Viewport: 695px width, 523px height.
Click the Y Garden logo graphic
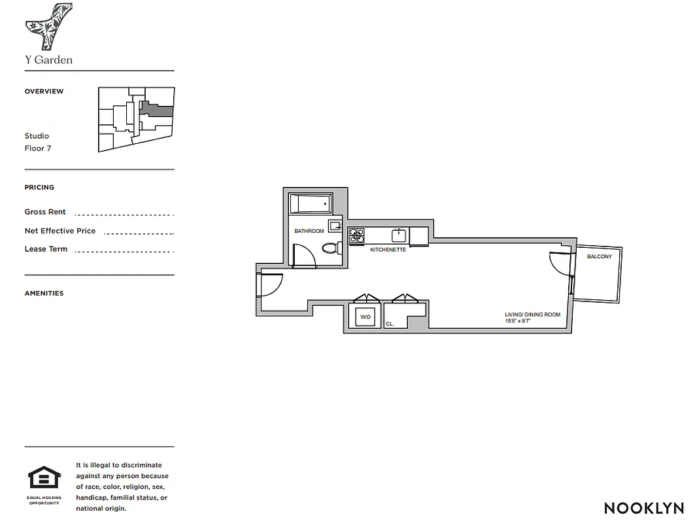[x=48, y=26]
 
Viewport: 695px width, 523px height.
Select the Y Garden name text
[x=48, y=59]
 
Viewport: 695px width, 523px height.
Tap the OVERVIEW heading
[x=44, y=92]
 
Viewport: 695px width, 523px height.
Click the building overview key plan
[x=136, y=119]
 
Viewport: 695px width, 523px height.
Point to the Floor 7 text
[x=38, y=148]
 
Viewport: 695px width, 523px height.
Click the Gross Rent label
[x=45, y=212]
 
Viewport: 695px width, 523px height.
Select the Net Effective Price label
[x=60, y=231]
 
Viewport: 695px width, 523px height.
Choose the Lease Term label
[x=46, y=249]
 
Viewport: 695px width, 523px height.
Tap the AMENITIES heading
[x=44, y=294]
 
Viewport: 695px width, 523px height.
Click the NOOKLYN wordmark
[x=643, y=508]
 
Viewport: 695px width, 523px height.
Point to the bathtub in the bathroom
[x=311, y=204]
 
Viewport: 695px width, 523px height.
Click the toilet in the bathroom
[x=331, y=248]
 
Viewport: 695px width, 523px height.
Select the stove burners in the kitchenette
[x=356, y=235]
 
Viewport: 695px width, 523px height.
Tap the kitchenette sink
[x=398, y=235]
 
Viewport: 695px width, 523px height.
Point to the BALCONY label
[x=599, y=257]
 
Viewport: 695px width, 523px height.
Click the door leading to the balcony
[x=560, y=265]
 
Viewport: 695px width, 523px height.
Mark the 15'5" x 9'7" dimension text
[x=517, y=322]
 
